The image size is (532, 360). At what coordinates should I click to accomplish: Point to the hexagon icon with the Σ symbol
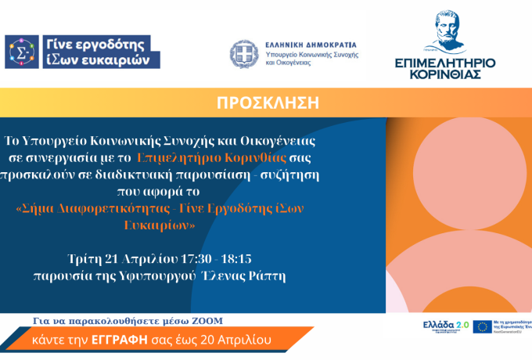(x=21, y=52)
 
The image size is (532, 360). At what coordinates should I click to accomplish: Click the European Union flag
(x=481, y=326)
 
